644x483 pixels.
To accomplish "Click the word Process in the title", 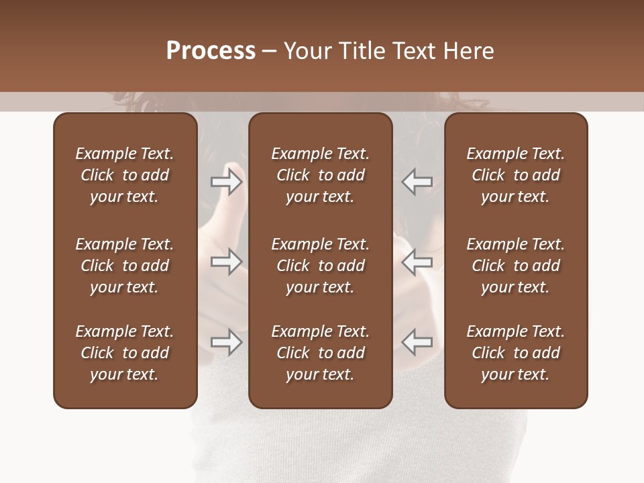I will (x=211, y=51).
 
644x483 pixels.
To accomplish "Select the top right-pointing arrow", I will (x=227, y=182).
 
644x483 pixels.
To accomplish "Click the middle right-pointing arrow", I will (x=227, y=262).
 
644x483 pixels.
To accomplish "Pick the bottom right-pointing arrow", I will (x=227, y=342).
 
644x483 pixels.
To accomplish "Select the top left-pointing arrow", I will (x=417, y=182).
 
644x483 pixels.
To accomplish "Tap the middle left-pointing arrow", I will (x=417, y=262).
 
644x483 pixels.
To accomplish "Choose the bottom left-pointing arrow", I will (x=417, y=342).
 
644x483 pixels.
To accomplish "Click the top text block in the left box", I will (x=125, y=175).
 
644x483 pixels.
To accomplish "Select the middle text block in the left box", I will (x=125, y=266).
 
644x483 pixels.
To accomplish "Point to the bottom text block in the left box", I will (x=125, y=353).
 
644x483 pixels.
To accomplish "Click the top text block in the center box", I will (x=320, y=175).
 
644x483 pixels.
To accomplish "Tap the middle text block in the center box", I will (x=320, y=266).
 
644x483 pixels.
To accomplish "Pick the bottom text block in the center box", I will (x=320, y=353).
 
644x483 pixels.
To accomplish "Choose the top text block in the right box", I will (x=515, y=175).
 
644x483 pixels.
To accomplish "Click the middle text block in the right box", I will (x=515, y=266).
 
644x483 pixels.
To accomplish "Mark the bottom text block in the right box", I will (x=515, y=353).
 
